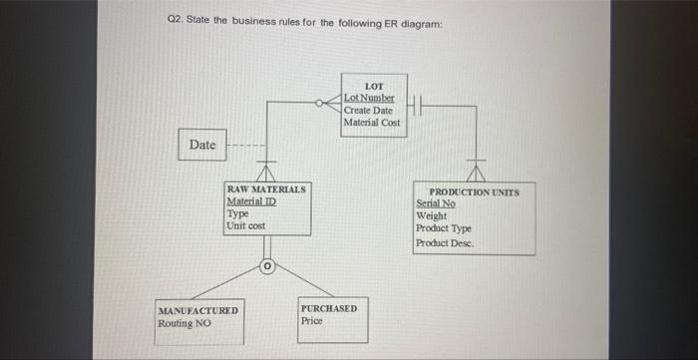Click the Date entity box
coord(201,146)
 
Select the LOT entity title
coord(373,87)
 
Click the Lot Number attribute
coord(369,99)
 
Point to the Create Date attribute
coord(368,110)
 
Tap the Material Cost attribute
coord(371,122)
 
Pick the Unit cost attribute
coord(246,226)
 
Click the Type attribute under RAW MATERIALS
coord(238,214)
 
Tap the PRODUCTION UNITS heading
coord(474,192)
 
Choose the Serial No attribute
coord(435,203)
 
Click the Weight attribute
coord(432,215)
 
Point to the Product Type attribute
coord(444,228)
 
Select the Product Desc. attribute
coord(445,242)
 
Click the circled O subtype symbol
coord(267,266)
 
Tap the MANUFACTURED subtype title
coord(197,312)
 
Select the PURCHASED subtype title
coord(328,309)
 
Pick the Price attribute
coord(311,321)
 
